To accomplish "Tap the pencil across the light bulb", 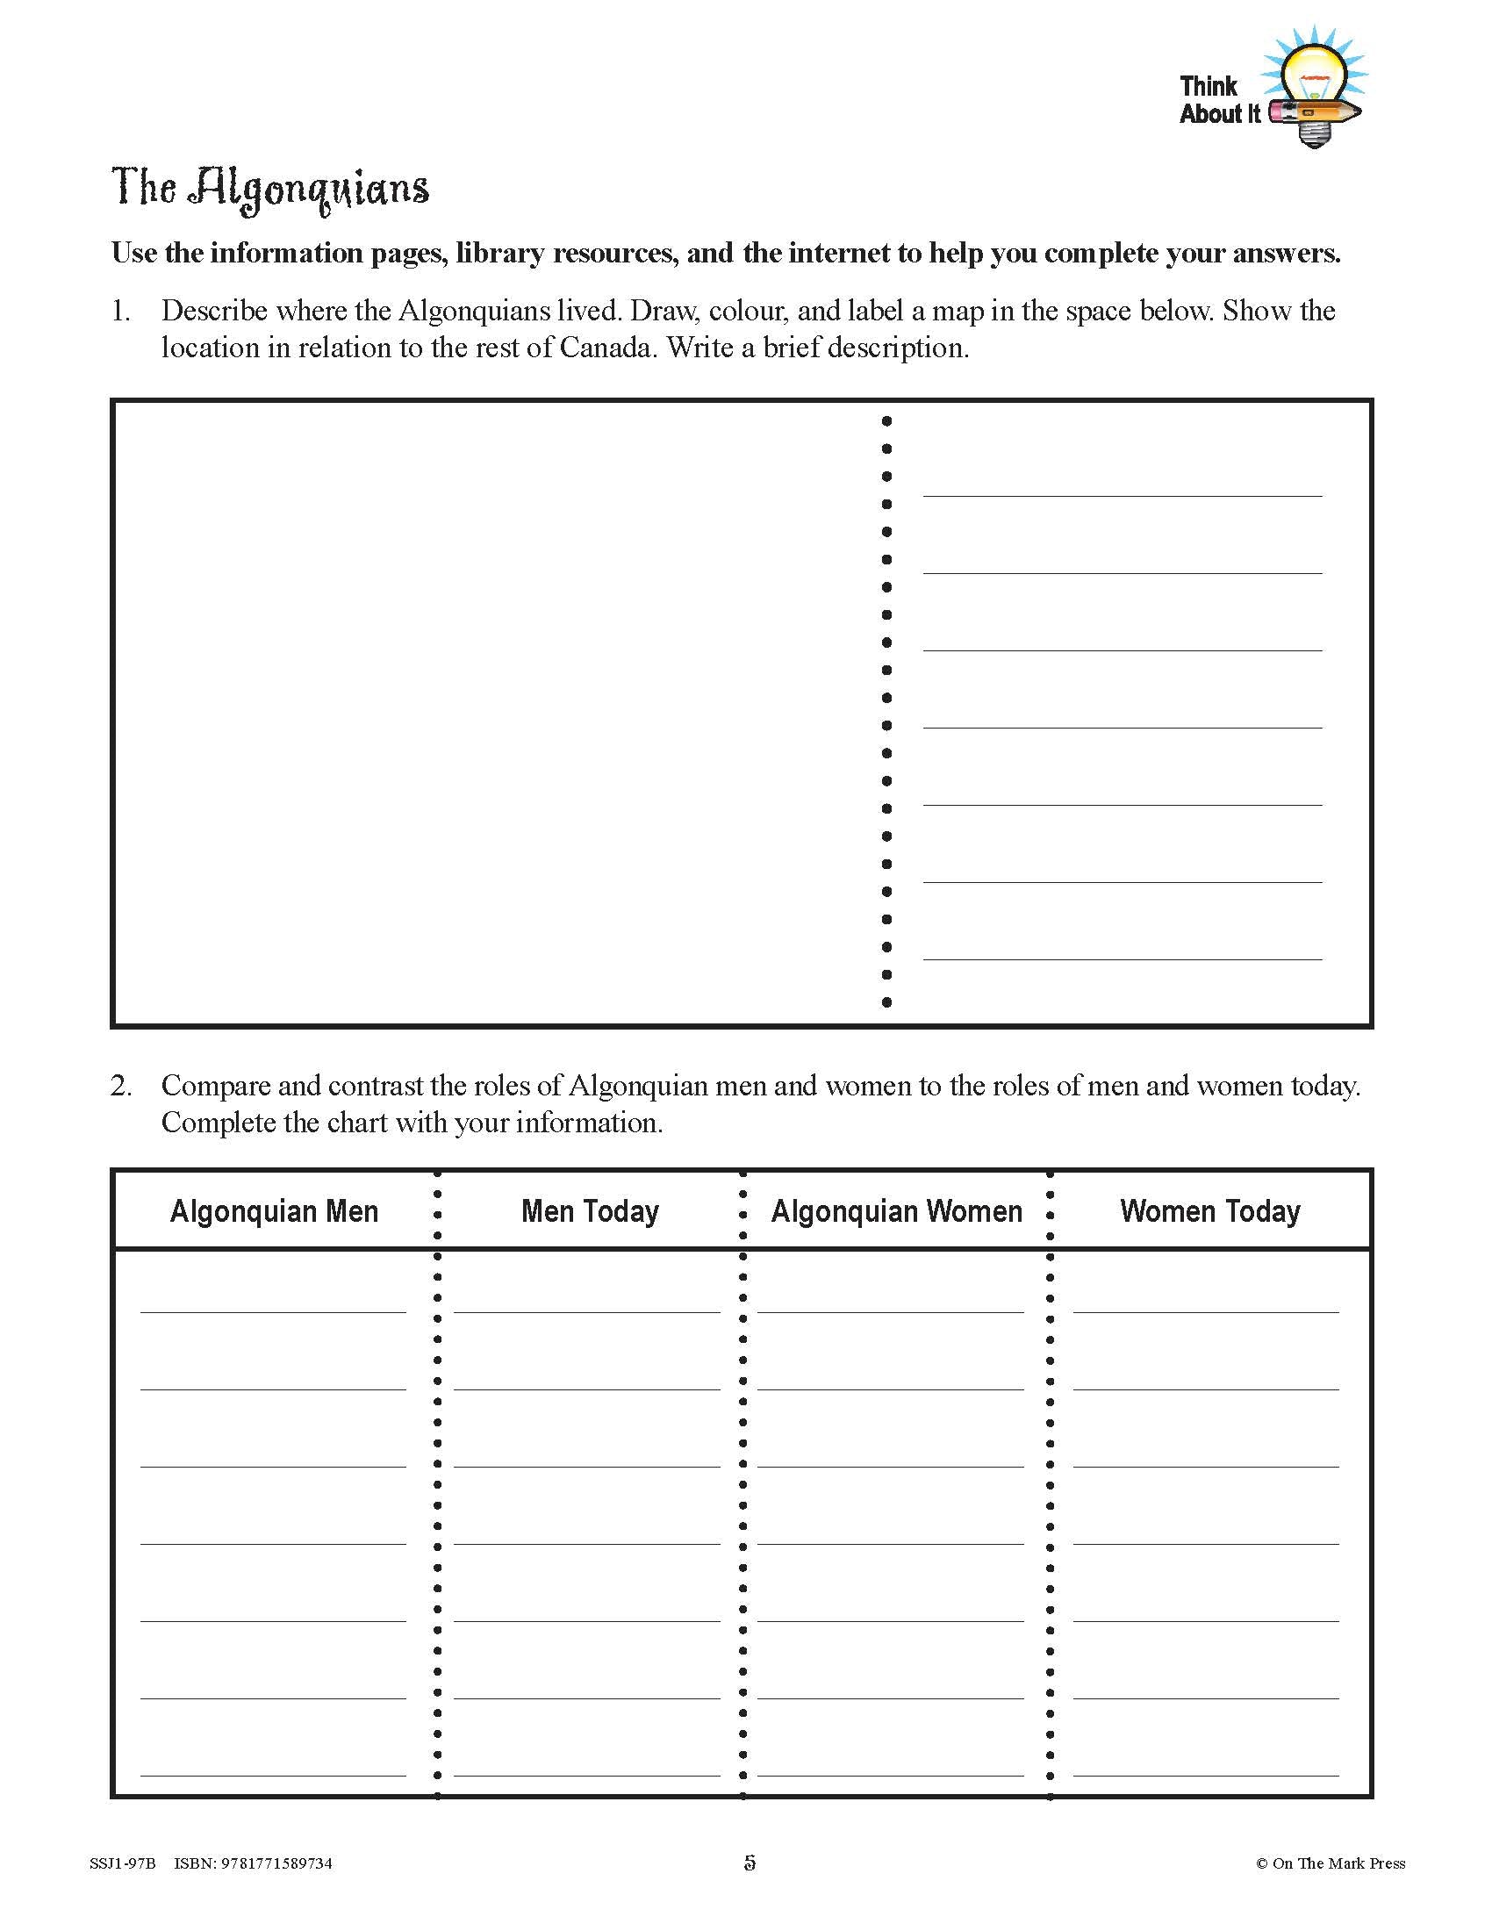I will (x=1316, y=113).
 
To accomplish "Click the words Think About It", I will (x=1219, y=100).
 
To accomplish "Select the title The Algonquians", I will (x=270, y=189).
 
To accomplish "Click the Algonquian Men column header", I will (x=274, y=1210).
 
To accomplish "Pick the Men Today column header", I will (x=590, y=1210).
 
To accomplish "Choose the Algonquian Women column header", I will (x=896, y=1210).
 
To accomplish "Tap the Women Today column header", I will (x=1210, y=1210).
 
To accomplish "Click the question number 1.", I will (x=120, y=312).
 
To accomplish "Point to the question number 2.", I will (x=120, y=1086).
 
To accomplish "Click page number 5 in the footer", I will (x=750, y=1863).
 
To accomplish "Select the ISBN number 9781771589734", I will (x=277, y=1863).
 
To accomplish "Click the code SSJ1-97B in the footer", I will (x=122, y=1863).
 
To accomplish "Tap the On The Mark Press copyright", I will (x=1331, y=1863).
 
